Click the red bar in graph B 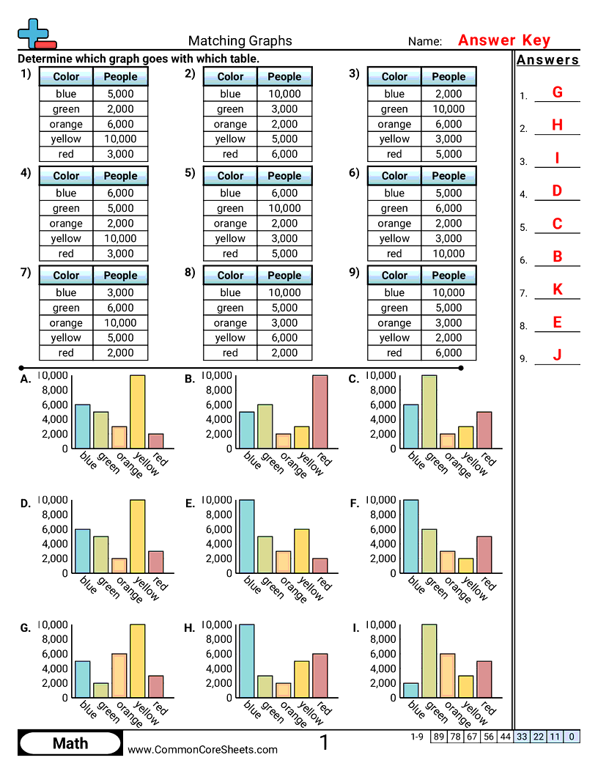320,412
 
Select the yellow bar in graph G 138,661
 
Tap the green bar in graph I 429,661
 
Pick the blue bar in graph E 247,537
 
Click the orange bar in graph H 283,690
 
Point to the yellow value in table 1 120,139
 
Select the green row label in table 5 230,208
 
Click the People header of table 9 448,276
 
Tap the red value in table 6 448,254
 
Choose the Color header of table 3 394,76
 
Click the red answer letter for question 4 557,191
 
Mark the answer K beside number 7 557,290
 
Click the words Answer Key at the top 503,41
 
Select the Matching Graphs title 240,41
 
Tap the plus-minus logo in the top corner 35,34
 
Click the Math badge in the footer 70,744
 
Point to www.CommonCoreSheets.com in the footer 203,749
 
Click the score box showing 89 438,737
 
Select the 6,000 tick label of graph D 55,529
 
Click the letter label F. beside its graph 354,504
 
